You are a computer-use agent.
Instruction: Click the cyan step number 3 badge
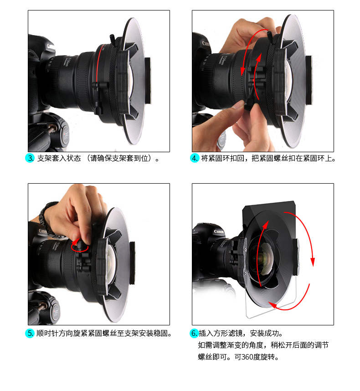tap(30, 158)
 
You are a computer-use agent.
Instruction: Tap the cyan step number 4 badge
tap(194, 158)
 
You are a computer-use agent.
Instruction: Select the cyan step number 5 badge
tap(30, 333)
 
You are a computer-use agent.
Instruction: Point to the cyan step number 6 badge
tap(194, 333)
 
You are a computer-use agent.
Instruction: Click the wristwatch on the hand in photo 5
tap(46, 217)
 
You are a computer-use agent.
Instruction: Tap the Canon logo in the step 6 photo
tap(219, 232)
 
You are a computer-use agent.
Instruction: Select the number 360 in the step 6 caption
tap(247, 357)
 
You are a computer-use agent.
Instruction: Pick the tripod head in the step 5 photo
tap(47, 309)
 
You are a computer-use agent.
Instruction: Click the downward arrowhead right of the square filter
tap(313, 262)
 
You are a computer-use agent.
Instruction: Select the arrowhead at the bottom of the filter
tap(273, 305)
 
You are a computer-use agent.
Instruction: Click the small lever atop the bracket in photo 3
tap(113, 39)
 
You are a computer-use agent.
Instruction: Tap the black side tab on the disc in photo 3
tap(148, 80)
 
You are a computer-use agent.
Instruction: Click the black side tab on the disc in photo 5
tap(132, 263)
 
